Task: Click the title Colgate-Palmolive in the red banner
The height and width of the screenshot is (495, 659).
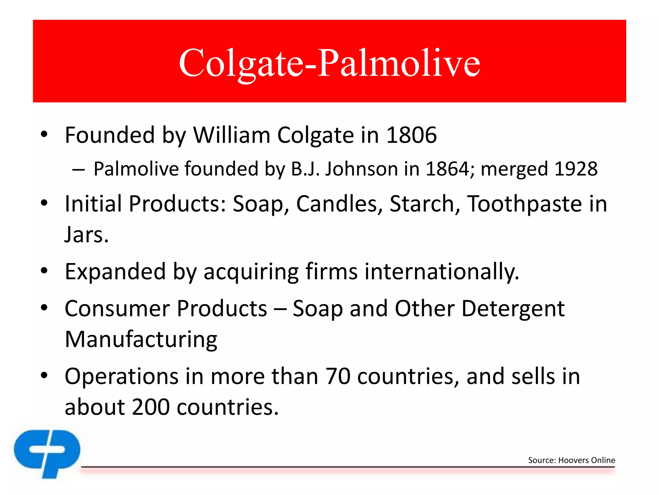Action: (x=329, y=63)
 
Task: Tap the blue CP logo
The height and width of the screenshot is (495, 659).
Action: (x=47, y=452)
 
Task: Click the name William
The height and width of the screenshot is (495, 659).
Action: (x=231, y=135)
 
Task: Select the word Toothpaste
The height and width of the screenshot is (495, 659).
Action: (x=524, y=204)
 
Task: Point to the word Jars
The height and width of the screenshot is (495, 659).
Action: (x=86, y=235)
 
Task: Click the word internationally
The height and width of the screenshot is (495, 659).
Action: (x=441, y=271)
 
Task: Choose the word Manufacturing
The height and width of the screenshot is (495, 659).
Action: (x=141, y=339)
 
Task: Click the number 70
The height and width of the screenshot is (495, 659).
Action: (x=338, y=376)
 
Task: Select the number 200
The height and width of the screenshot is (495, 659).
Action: (x=151, y=407)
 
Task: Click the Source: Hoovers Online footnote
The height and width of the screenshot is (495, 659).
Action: (x=571, y=460)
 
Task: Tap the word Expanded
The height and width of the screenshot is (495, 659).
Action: (x=115, y=271)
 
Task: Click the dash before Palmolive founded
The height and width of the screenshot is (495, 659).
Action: (x=79, y=169)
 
